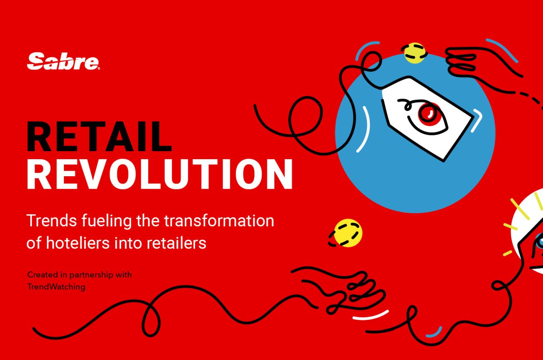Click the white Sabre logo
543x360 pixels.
(x=63, y=61)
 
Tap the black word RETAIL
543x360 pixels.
(x=99, y=137)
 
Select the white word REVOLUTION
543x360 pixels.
(x=160, y=174)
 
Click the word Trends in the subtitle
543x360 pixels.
(x=52, y=221)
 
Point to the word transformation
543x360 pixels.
(x=219, y=221)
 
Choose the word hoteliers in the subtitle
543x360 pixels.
(x=78, y=243)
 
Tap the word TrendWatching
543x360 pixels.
(x=56, y=286)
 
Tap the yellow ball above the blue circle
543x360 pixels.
(x=414, y=53)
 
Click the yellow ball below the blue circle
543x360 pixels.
(x=347, y=233)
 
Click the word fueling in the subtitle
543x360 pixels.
(x=107, y=221)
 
